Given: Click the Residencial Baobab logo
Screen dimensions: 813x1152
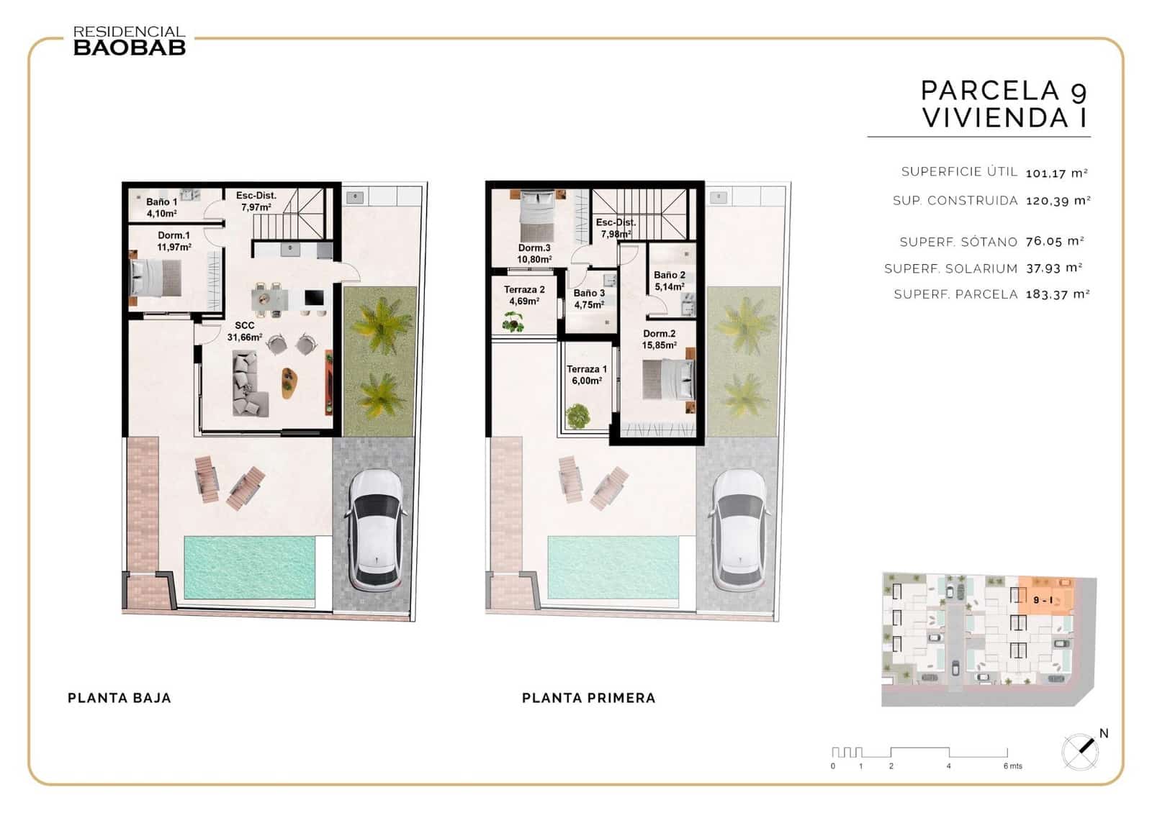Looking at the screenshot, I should pos(130,41).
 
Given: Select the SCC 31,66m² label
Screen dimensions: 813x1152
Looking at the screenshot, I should pos(245,331).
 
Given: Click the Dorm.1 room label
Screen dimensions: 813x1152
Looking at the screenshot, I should pos(174,241).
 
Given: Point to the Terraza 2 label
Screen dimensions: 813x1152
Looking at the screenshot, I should pos(524,295).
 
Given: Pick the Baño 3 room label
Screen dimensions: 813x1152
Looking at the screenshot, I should pos(589,299).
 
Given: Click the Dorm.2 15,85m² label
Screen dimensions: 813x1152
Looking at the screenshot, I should pos(659,339).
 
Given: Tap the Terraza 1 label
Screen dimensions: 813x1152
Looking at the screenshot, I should pos(586,375).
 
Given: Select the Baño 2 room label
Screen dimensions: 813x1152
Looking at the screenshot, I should pos(670,281).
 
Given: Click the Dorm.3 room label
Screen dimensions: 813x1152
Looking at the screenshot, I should pos(534,253).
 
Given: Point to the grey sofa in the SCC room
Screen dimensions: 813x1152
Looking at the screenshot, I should pos(248,383).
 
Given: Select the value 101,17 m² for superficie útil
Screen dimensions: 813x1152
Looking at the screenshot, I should pos(1056,173).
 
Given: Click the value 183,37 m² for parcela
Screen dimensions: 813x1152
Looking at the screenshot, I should pos(1057,294).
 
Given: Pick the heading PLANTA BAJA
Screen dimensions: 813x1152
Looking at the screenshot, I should pos(120,698).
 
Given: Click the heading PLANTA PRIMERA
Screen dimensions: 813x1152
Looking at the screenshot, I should pos(588,698).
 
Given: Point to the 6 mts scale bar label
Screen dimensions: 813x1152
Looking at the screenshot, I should pos(1012,766).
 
